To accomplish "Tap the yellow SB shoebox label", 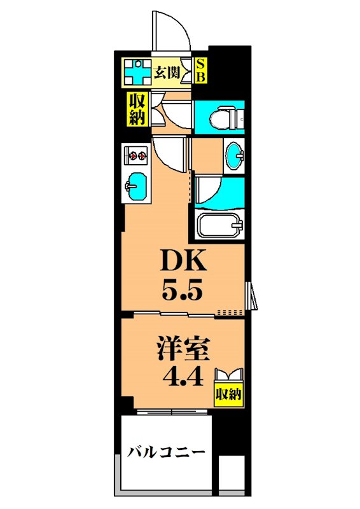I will pyautogui.click(x=200, y=72).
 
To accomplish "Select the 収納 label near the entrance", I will pyautogui.click(x=137, y=109).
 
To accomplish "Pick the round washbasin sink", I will pyautogui.click(x=235, y=155).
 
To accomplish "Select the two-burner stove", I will pyautogui.click(x=135, y=153).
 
